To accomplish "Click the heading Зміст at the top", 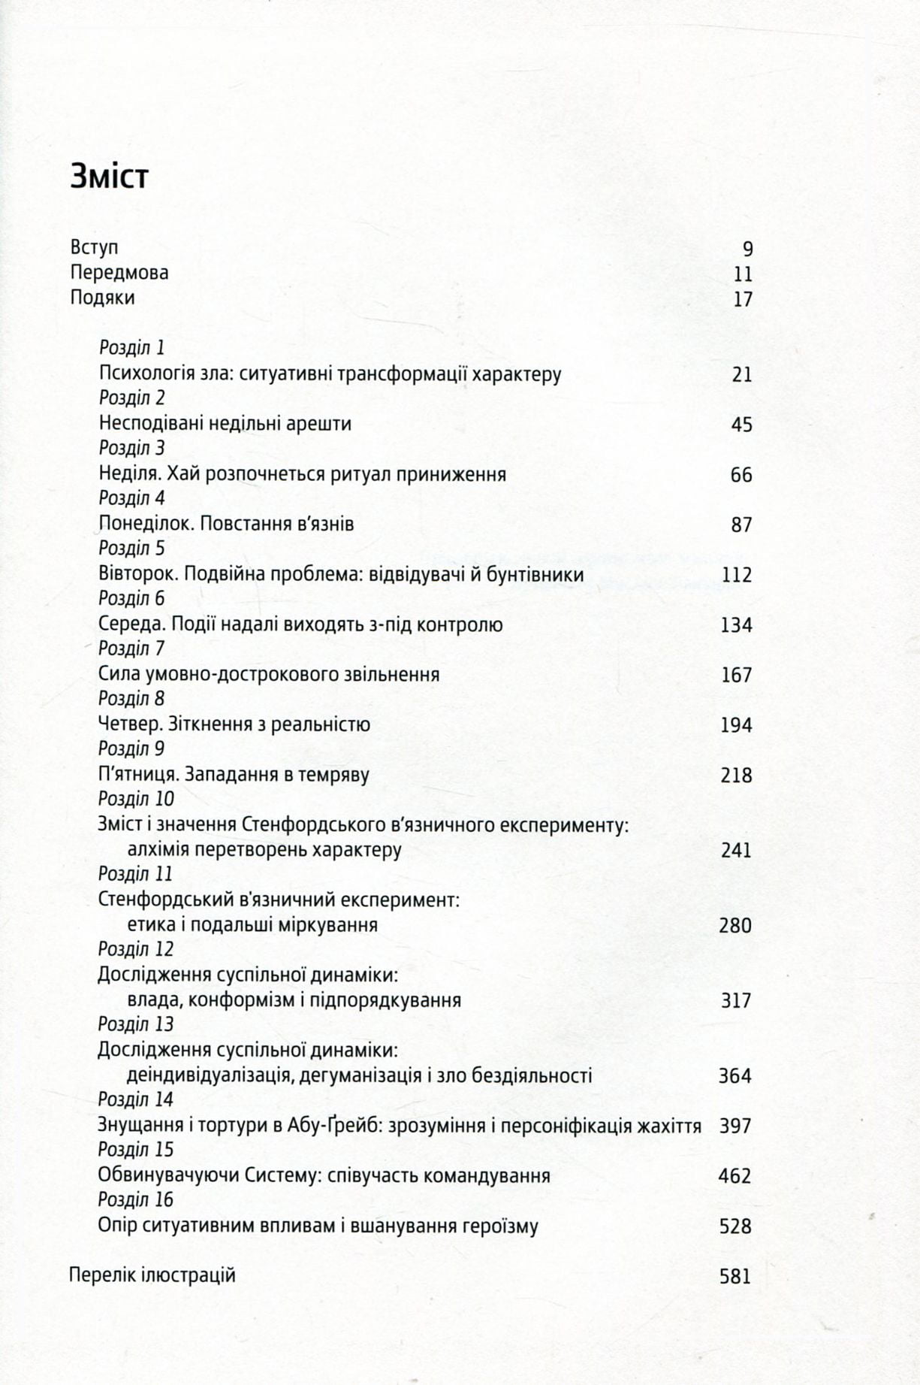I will tap(110, 177).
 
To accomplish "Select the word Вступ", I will tap(94, 247).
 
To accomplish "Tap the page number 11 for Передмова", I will tap(742, 274).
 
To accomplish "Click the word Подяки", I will tap(102, 298).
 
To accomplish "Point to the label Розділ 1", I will tap(131, 348).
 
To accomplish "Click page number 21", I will tap(741, 374).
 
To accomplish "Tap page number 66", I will tap(741, 475).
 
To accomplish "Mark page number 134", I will tap(736, 625).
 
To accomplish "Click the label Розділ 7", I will tap(131, 649).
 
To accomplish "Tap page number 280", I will tap(735, 926).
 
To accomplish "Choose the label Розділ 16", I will tap(135, 1200).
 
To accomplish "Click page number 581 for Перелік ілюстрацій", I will tap(735, 1277).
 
